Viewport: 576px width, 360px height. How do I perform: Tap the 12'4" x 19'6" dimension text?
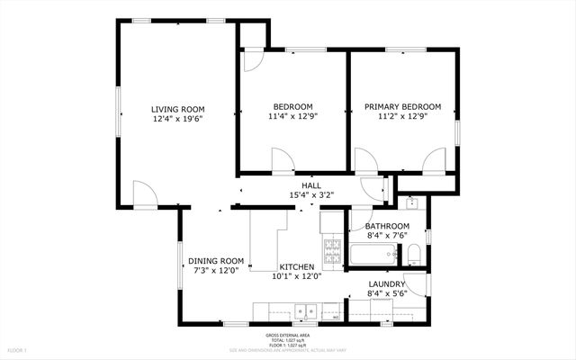176,118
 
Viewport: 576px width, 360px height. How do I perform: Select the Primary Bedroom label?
402,106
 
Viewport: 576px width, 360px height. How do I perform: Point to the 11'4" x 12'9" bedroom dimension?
292,115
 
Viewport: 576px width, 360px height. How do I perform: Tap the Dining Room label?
216,261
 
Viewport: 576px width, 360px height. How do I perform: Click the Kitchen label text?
296,267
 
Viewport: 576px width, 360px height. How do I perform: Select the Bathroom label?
388,226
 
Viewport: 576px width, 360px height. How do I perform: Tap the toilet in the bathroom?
414,255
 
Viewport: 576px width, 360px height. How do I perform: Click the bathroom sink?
410,203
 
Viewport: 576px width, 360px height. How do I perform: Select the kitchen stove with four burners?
331,251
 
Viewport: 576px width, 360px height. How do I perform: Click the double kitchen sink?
308,312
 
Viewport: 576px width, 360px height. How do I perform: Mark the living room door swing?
144,193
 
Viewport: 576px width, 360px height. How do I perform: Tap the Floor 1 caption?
18,349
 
